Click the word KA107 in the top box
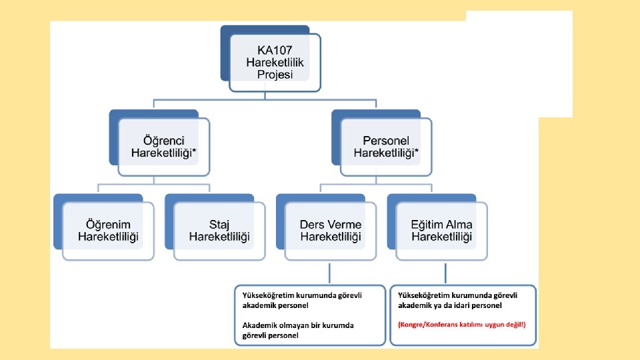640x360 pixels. [x=275, y=49]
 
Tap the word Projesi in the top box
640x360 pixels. [x=275, y=74]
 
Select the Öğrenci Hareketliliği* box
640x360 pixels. [x=164, y=147]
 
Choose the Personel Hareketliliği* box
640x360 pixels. [x=386, y=147]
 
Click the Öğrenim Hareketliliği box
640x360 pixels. [x=108, y=231]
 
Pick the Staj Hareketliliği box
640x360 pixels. [x=219, y=231]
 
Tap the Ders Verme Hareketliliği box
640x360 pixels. [x=331, y=231]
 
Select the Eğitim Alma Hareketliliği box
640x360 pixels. [x=441, y=231]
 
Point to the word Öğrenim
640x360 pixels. [x=109, y=225]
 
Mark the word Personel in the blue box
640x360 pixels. [x=386, y=141]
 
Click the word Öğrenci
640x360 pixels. [x=164, y=141]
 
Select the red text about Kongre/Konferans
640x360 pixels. [x=461, y=325]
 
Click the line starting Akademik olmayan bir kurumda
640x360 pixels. [x=298, y=325]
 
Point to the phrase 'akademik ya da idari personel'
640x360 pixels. [x=450, y=305]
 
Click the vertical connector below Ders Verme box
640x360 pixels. [x=330, y=273]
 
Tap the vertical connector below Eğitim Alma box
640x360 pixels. [x=444, y=273]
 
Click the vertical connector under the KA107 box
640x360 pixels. [x=265, y=96]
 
